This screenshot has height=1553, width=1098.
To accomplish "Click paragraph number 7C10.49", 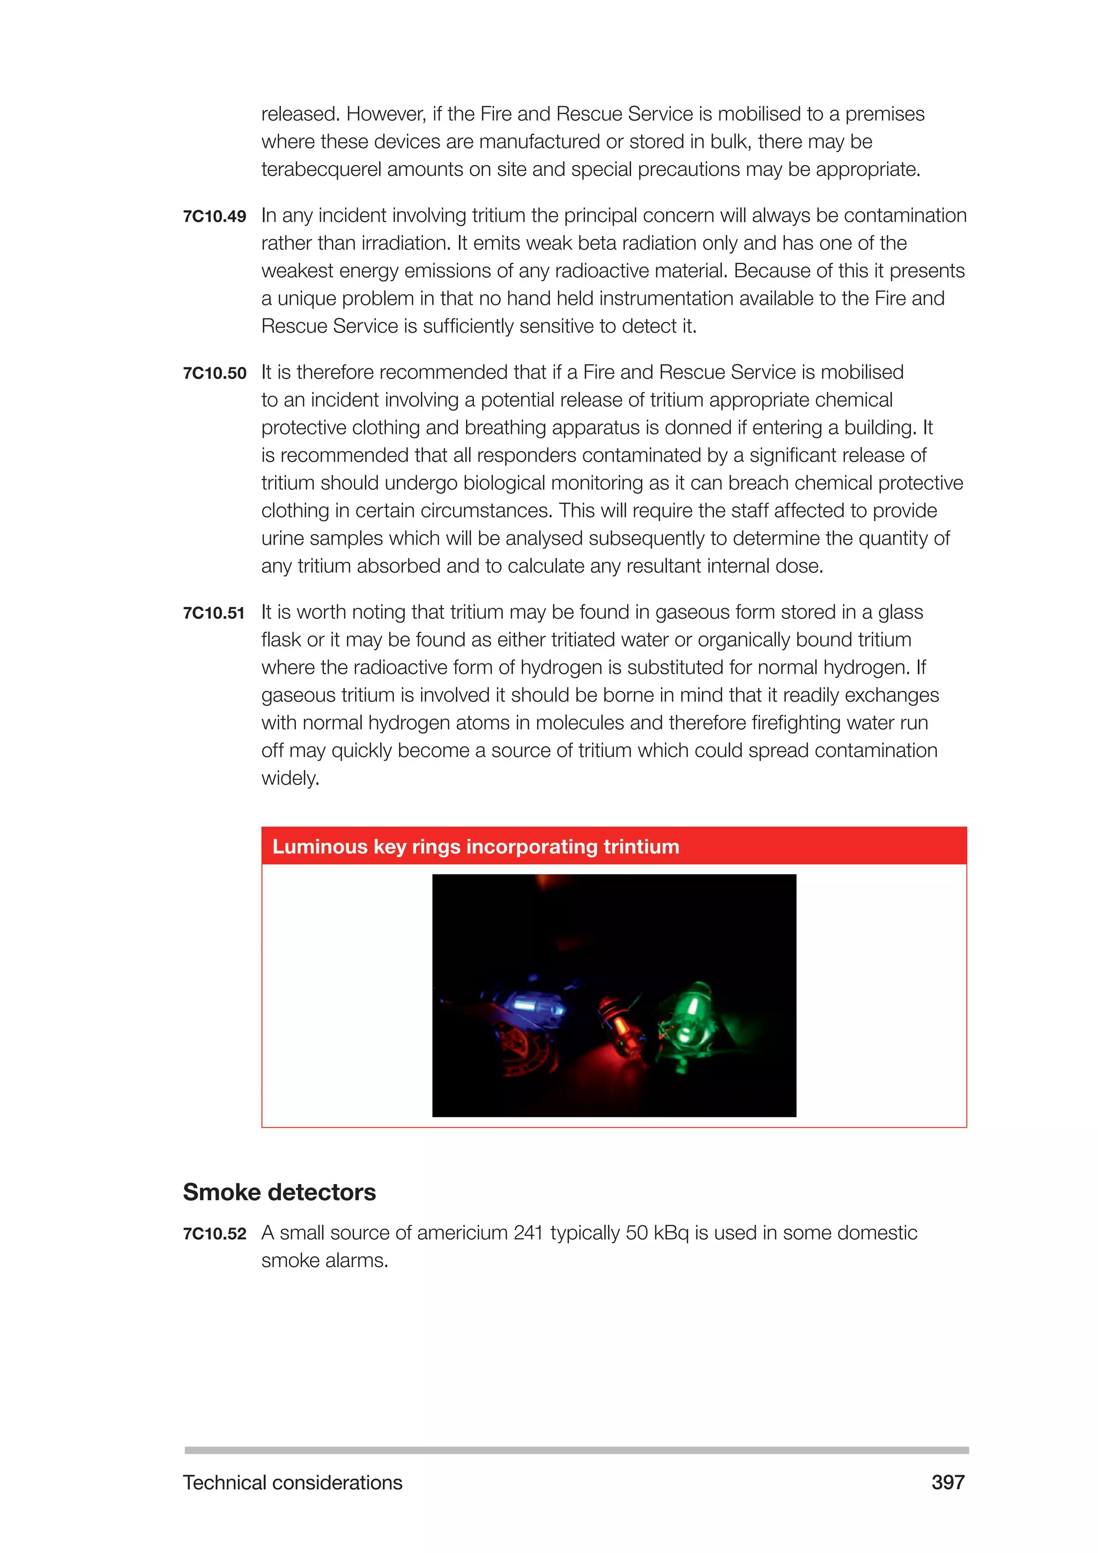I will coord(214,217).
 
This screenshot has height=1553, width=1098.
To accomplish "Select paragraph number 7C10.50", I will coord(214,373).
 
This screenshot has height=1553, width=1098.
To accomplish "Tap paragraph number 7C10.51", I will coord(214,613).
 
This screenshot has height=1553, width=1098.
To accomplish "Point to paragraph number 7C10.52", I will coord(214,1234).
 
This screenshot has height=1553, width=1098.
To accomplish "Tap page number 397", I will coord(947,1483).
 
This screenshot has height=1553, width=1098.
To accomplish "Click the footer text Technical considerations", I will coord(292,1483).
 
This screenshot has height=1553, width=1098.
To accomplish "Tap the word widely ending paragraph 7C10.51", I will coord(290,779).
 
